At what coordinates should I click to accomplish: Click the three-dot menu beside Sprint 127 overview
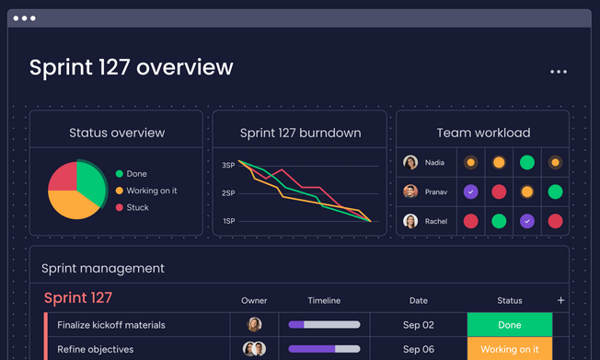[x=559, y=72]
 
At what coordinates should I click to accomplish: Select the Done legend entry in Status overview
[x=136, y=174]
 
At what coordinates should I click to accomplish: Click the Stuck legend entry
[x=137, y=207]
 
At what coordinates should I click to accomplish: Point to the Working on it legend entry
[x=151, y=191]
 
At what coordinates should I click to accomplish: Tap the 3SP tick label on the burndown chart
[x=228, y=165]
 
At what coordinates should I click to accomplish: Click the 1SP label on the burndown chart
[x=228, y=221]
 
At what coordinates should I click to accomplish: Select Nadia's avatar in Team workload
[x=410, y=163]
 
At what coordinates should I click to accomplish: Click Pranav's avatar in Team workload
[x=410, y=192]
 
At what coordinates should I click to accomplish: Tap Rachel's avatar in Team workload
[x=410, y=221]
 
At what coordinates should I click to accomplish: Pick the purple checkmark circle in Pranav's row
[x=470, y=192]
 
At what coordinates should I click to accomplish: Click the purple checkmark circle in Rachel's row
[x=527, y=221]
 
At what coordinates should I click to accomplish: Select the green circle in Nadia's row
[x=527, y=163]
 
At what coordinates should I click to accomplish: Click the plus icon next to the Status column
[x=561, y=300]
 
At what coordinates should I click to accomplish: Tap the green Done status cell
[x=510, y=325]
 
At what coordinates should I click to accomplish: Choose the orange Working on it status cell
[x=510, y=350]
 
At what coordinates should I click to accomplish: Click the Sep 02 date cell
[x=419, y=325]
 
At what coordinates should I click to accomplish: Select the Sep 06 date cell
[x=419, y=350]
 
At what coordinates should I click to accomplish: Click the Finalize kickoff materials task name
[x=111, y=325]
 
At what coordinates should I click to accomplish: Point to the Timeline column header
[x=324, y=300]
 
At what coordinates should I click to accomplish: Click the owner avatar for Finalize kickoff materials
[x=254, y=325]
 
